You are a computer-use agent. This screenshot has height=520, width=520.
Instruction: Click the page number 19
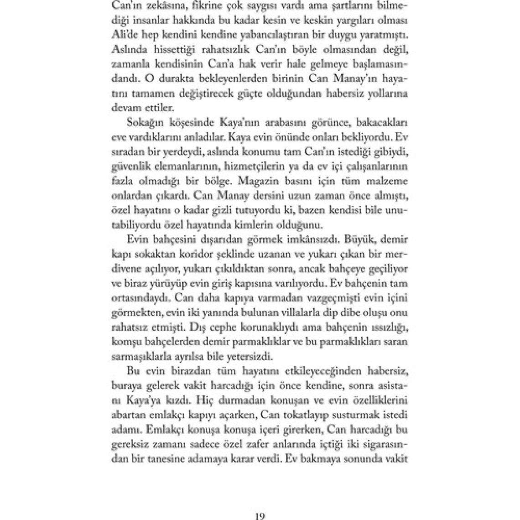tap(260, 516)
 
